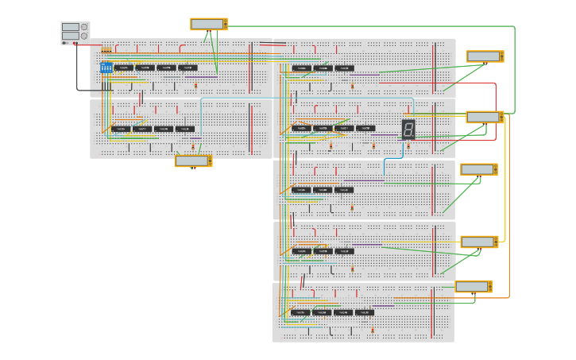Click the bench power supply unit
coord(75,33)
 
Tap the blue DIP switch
coord(106,68)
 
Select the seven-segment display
coord(408,129)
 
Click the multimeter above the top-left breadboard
coord(208,24)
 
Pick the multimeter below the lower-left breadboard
coord(193,161)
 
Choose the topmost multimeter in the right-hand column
coord(485,56)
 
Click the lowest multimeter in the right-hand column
coord(474,286)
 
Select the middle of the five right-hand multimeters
coord(479,169)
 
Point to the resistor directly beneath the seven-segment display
coord(408,145)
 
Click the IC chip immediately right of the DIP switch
coord(123,68)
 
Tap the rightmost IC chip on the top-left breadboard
coord(187,68)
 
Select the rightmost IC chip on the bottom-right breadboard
coord(364,312)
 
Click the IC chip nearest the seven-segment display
coord(365,128)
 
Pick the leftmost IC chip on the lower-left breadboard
coord(120,129)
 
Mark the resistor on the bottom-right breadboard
coord(372,329)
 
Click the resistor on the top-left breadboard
coord(195,84)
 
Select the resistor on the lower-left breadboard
coord(192,145)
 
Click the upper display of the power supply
coord(71,27)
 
